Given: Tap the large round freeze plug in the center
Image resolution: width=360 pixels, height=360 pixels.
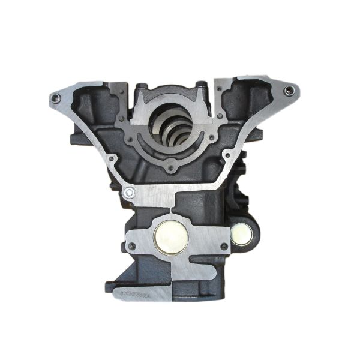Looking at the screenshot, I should point(171,236).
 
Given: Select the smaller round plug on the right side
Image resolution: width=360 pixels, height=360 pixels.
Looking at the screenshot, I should point(242,234).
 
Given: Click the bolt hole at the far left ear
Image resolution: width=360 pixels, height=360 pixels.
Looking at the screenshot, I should point(56,98).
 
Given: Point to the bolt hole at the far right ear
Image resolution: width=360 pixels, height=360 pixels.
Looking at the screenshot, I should point(290,91).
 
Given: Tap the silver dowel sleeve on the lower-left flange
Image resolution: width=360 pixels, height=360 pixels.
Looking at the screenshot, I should point(129,193).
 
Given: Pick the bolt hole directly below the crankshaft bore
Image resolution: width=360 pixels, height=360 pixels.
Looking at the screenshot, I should point(172,169).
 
